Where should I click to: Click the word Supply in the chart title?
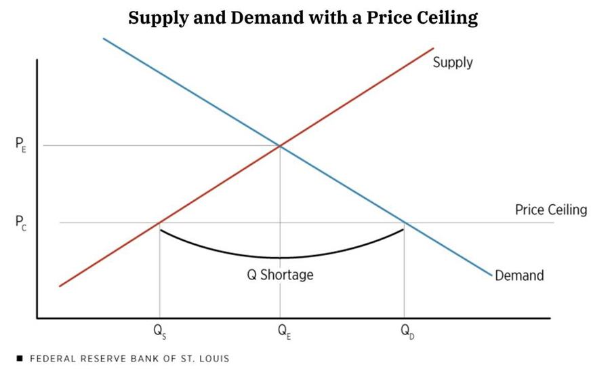coord(157,18)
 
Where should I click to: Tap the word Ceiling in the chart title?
coord(447,18)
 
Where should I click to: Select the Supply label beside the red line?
coord(453,63)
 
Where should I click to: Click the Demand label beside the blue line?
coord(519,275)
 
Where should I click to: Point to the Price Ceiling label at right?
coord(550,210)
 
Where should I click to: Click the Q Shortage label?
coord(280,275)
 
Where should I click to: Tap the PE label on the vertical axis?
coord(20,145)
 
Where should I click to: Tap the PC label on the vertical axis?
coord(20,223)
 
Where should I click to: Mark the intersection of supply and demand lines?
coord(280,145)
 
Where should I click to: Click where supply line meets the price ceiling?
coord(159,222)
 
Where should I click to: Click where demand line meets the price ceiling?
coord(405,222)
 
